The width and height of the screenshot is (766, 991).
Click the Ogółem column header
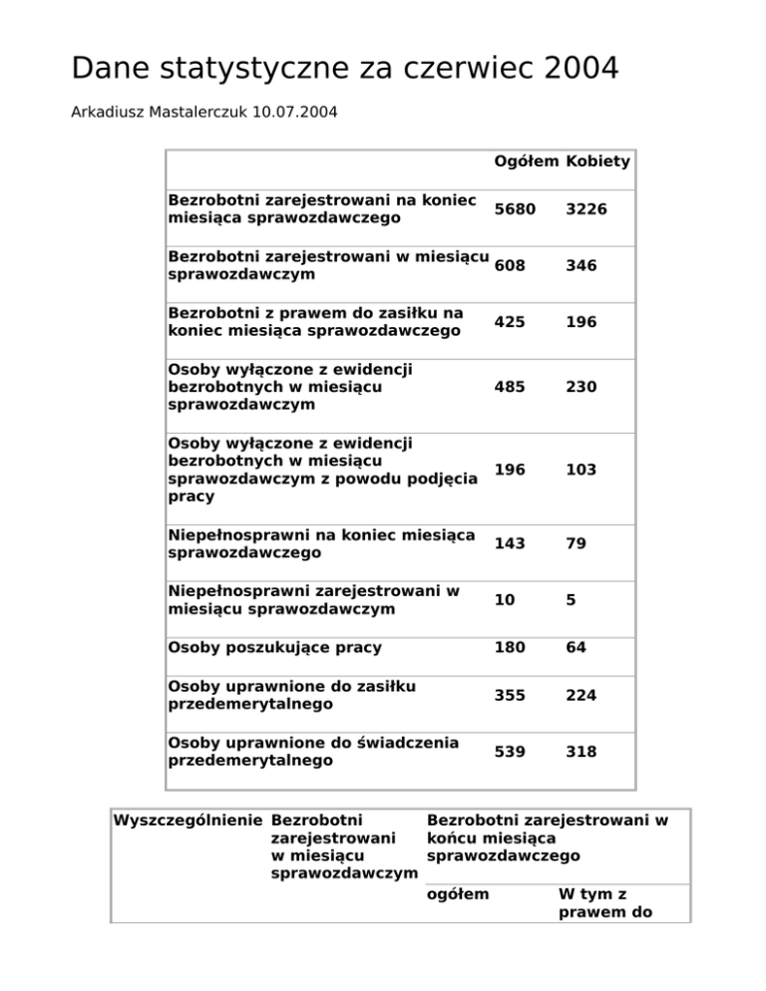coord(526,162)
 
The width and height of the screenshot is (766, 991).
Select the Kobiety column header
coord(597,162)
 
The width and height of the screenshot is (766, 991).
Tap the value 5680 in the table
coord(515,208)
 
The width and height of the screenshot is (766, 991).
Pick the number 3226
coord(586,208)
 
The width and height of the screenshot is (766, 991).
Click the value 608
coord(510,265)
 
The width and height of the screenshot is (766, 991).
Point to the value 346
coord(581,265)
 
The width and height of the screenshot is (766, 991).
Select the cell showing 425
coord(510,322)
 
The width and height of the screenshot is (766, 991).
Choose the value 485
coord(510,387)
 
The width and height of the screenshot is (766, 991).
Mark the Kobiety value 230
coord(581,387)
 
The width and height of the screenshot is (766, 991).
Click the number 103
coord(581,470)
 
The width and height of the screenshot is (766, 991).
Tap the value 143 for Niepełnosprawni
coord(510,543)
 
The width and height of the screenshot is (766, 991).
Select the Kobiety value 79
coord(576,543)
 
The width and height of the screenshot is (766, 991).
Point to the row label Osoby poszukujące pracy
coord(275,648)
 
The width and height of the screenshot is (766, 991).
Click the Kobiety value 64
coord(576,648)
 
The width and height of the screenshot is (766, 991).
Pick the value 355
coord(510,695)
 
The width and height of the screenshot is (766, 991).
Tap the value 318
coord(581,752)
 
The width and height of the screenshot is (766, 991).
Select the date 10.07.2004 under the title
coord(289,112)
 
